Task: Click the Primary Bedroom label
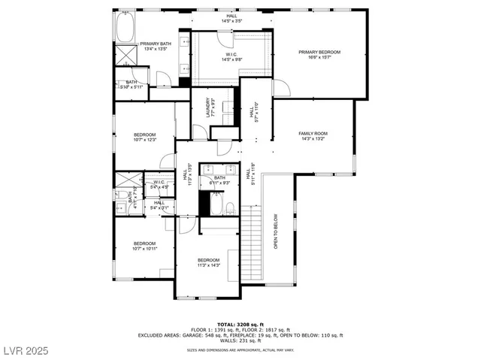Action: click(x=319, y=55)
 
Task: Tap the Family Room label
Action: click(x=313, y=136)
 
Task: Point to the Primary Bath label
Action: click(x=155, y=47)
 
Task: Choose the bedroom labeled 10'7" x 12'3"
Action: click(x=144, y=137)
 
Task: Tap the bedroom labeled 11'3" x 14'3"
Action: click(x=208, y=262)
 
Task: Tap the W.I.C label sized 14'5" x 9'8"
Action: click(x=230, y=56)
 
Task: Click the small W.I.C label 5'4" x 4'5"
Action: click(x=159, y=185)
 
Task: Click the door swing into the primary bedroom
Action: click(x=281, y=88)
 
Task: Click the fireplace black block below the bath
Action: click(x=204, y=203)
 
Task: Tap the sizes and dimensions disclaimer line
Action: click(x=240, y=349)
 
